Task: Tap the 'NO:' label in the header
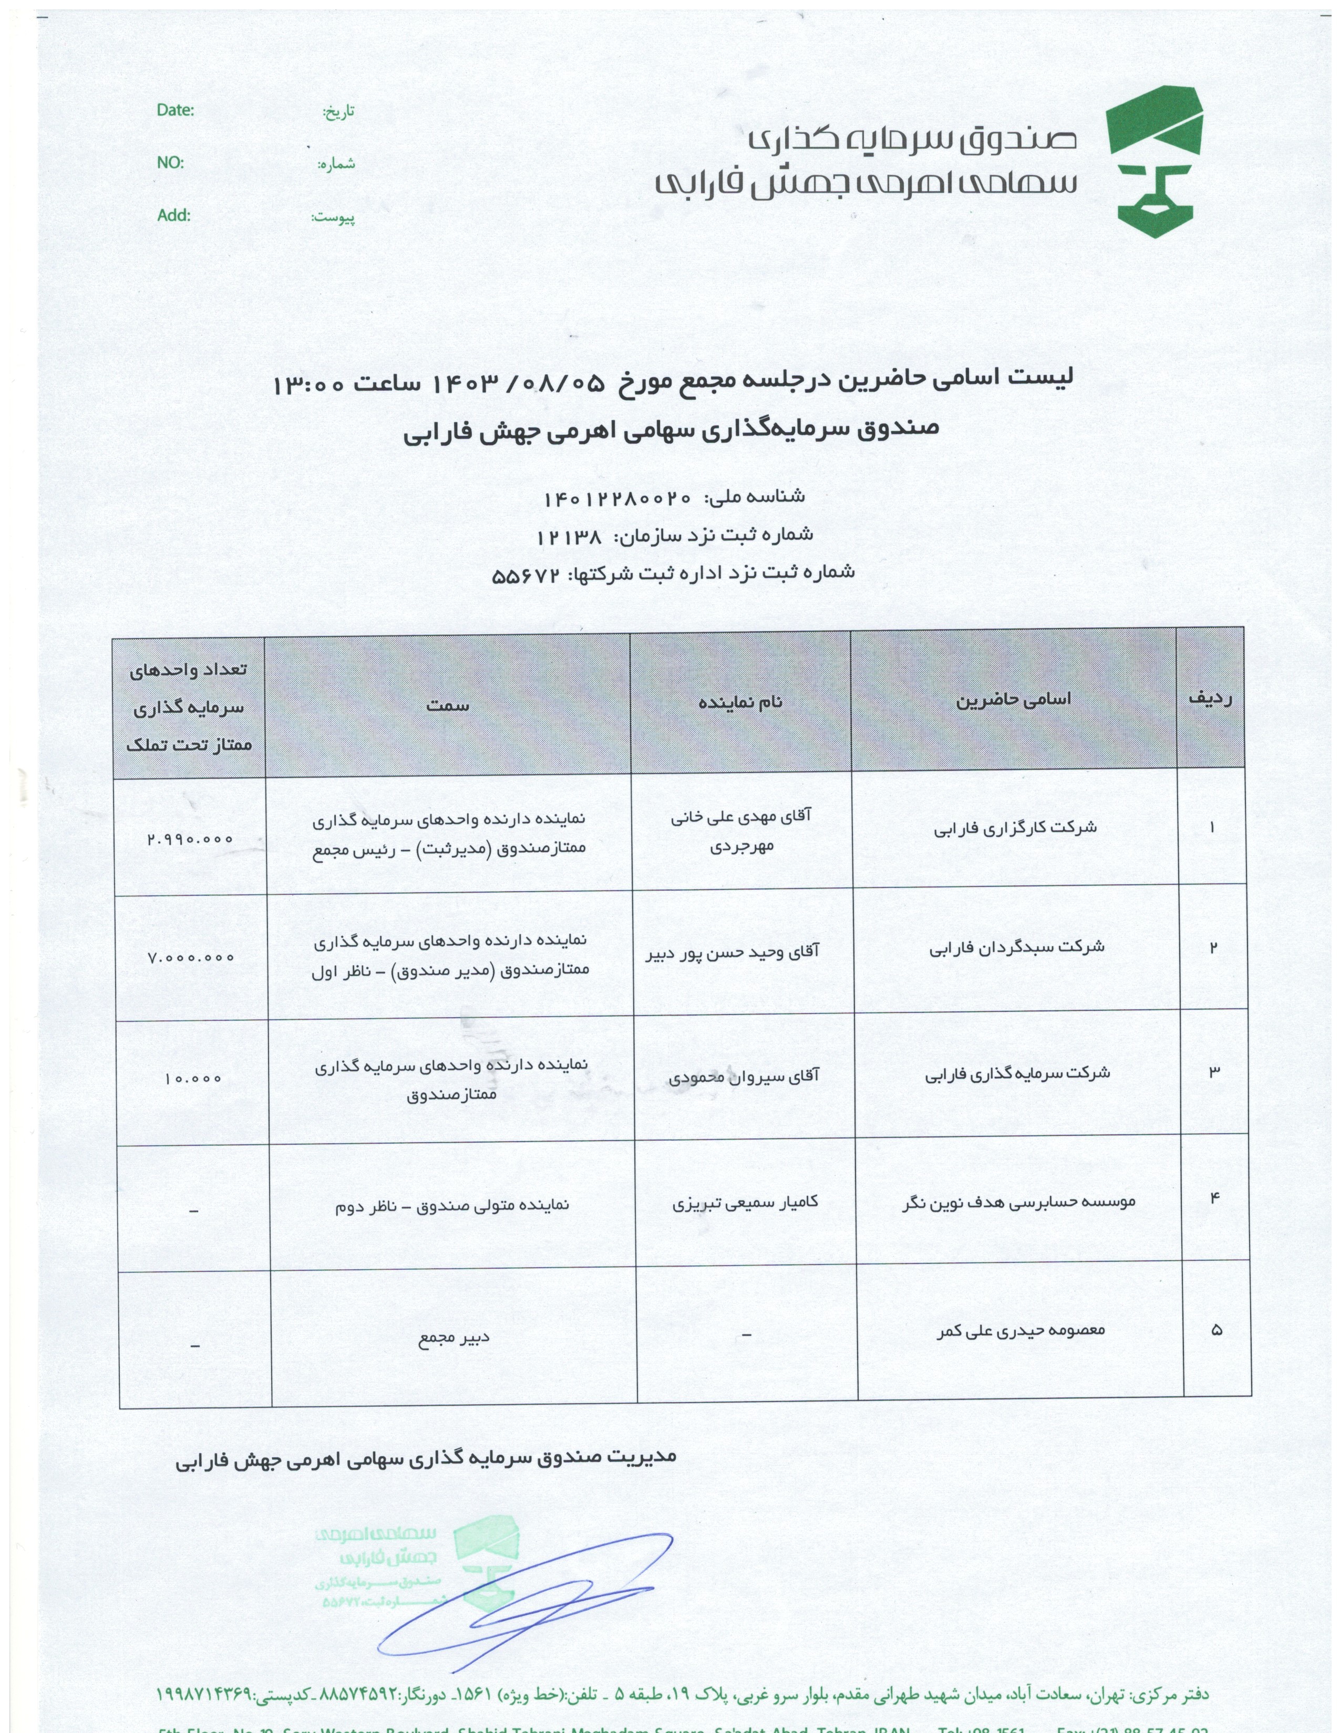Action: (170, 163)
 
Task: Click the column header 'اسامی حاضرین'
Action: (1013, 699)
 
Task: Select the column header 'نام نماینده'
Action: (740, 702)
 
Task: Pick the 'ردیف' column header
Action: (1209, 698)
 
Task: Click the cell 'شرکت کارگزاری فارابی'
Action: (1015, 828)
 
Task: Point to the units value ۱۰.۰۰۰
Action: (193, 1078)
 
